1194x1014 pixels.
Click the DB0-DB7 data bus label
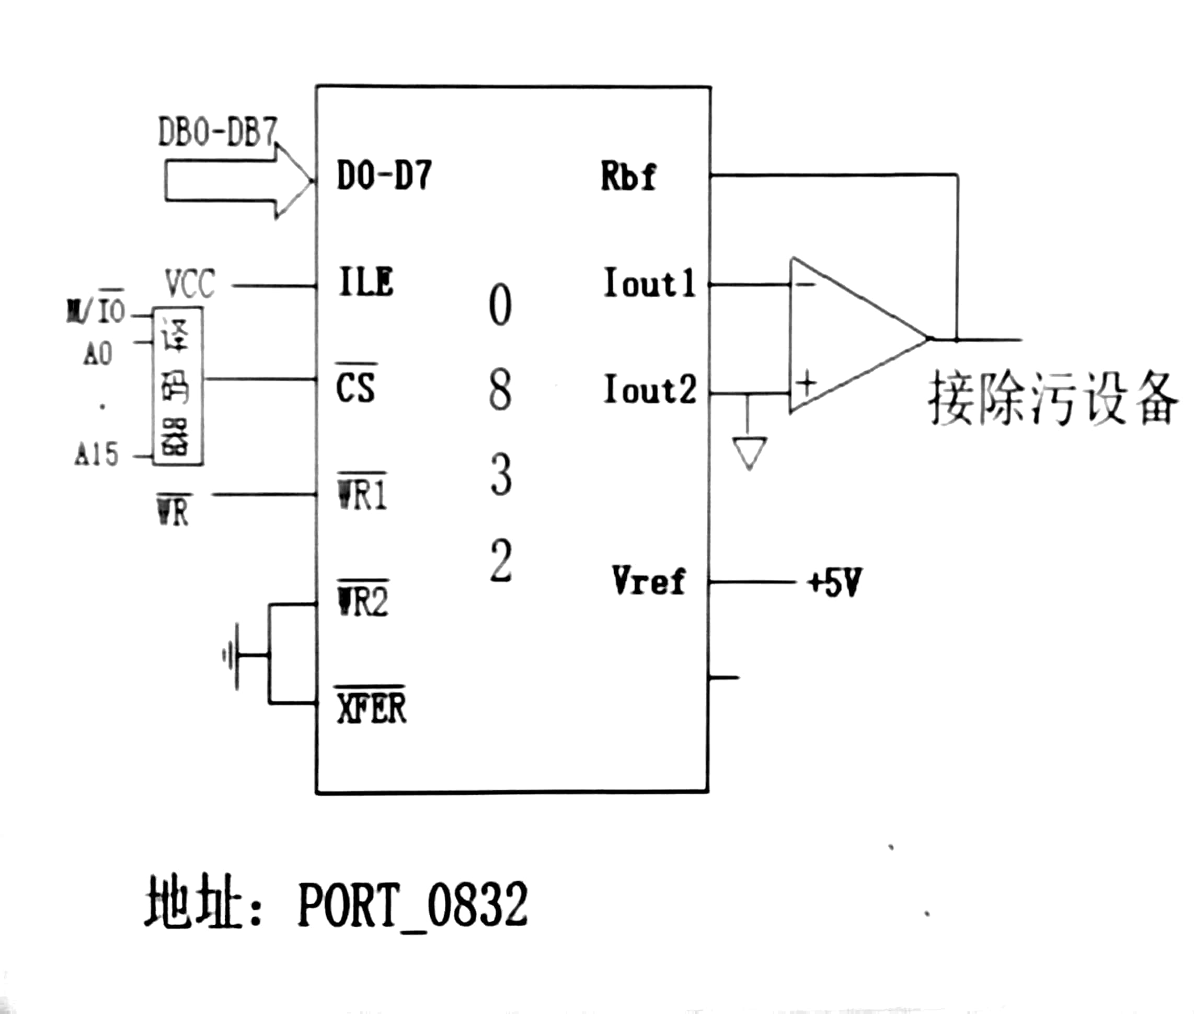coord(217,132)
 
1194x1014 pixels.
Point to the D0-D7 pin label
coord(384,176)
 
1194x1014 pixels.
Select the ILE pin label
coord(366,282)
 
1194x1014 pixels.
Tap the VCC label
coord(190,283)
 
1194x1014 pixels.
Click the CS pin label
coord(355,387)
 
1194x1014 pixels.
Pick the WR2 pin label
coord(363,600)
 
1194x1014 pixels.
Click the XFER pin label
coord(371,707)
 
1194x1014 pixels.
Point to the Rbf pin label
coord(627,176)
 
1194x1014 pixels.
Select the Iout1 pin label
coord(649,283)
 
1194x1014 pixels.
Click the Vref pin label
coord(648,580)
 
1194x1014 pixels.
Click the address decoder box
coord(177,386)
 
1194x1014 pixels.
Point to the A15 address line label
coord(97,454)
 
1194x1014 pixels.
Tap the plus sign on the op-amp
coord(807,382)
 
